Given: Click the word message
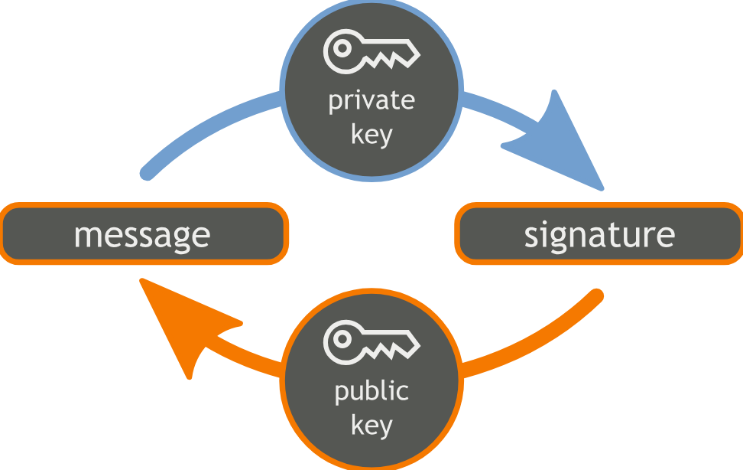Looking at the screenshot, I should (141, 234).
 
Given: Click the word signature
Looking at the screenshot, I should (599, 234).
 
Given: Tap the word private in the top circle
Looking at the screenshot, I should (371, 102).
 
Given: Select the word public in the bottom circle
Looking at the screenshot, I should (371, 392).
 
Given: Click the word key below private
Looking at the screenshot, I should (371, 135).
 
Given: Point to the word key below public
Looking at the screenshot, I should (371, 426).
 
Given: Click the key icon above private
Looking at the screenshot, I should (371, 52).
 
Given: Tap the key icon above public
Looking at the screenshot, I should (371, 342).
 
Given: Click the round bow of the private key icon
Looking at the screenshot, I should (342, 50).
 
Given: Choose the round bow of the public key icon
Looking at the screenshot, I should (342, 340).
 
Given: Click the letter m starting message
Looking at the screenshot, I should (86, 236).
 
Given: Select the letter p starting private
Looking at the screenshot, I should (335, 104).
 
